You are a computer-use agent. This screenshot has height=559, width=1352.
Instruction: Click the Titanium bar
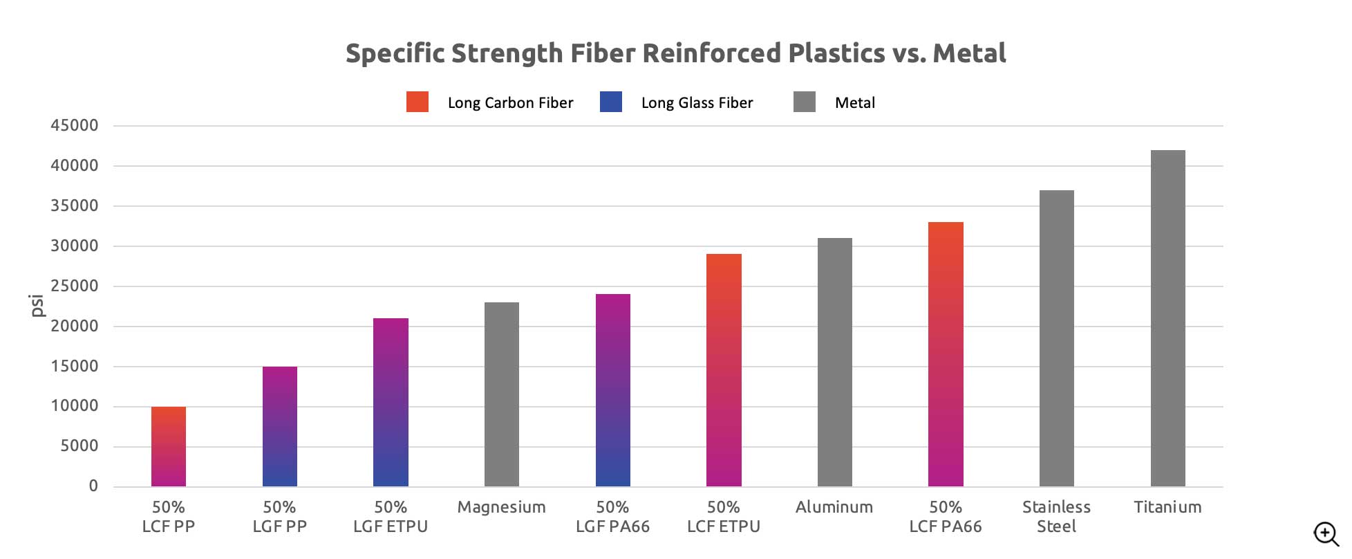(x=1167, y=318)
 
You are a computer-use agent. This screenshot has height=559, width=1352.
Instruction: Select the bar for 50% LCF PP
(x=169, y=446)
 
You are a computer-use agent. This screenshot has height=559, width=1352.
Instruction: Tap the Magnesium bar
(x=502, y=394)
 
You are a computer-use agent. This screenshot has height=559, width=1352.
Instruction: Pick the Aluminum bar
(x=834, y=362)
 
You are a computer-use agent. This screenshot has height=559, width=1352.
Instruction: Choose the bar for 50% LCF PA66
(x=946, y=354)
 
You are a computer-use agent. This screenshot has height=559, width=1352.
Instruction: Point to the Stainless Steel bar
(x=1056, y=338)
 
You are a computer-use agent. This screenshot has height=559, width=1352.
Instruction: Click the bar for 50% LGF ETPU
(x=391, y=402)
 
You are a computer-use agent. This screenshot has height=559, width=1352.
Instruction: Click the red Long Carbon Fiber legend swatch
(x=417, y=102)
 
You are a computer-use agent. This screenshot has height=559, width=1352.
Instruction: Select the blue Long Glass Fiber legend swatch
(x=611, y=102)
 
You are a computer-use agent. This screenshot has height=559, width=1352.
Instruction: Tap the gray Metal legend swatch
(x=805, y=102)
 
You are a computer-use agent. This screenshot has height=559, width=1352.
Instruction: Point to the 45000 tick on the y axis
(x=74, y=125)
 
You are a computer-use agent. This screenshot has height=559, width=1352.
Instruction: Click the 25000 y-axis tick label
(x=74, y=286)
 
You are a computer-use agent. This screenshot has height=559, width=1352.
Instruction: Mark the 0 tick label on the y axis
(x=93, y=486)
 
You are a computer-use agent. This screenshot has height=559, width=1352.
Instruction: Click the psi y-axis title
(x=37, y=305)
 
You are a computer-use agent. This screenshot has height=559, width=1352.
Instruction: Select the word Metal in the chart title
(x=969, y=53)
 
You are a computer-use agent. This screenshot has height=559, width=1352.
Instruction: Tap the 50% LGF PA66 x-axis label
(x=612, y=517)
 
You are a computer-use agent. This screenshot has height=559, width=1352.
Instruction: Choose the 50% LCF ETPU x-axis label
(x=724, y=517)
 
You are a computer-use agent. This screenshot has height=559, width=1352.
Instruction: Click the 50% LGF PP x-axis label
(x=279, y=517)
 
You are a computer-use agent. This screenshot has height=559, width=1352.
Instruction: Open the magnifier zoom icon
(x=1326, y=533)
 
